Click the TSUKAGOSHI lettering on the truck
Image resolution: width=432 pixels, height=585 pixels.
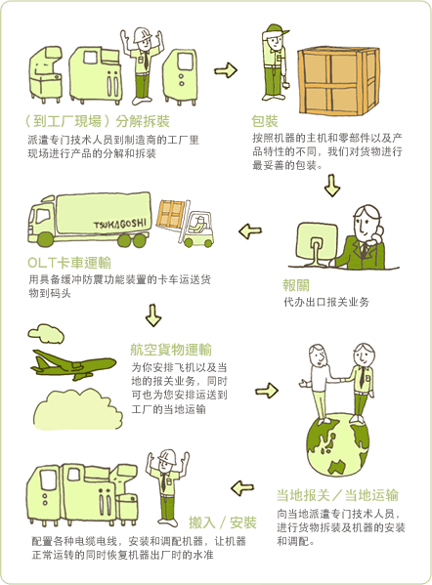(x=120, y=224)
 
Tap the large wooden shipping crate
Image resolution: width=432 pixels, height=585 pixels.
(x=338, y=81)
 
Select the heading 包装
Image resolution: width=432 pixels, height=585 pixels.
(x=265, y=121)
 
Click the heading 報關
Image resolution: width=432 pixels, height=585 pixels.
(x=296, y=285)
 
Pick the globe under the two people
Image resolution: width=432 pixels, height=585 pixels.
(x=337, y=444)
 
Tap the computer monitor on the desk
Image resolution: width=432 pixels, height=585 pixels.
(x=317, y=243)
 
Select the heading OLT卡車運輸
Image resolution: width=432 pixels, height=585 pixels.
(x=69, y=263)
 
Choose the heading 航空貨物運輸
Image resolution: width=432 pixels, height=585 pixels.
(x=171, y=350)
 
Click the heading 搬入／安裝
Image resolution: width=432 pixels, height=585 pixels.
(x=223, y=522)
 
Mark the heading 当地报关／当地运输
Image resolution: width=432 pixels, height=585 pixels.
(x=337, y=495)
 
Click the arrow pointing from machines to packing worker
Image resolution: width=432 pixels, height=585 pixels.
(x=226, y=69)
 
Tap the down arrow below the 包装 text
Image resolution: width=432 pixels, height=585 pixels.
(x=332, y=186)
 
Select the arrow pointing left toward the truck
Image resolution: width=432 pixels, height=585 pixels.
(x=250, y=230)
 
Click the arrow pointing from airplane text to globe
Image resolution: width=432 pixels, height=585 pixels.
(x=267, y=391)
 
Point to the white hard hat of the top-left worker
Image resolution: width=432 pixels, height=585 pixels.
(x=142, y=34)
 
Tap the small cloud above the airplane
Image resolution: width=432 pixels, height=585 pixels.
(x=46, y=333)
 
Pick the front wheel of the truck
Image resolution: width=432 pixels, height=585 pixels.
(x=46, y=239)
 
